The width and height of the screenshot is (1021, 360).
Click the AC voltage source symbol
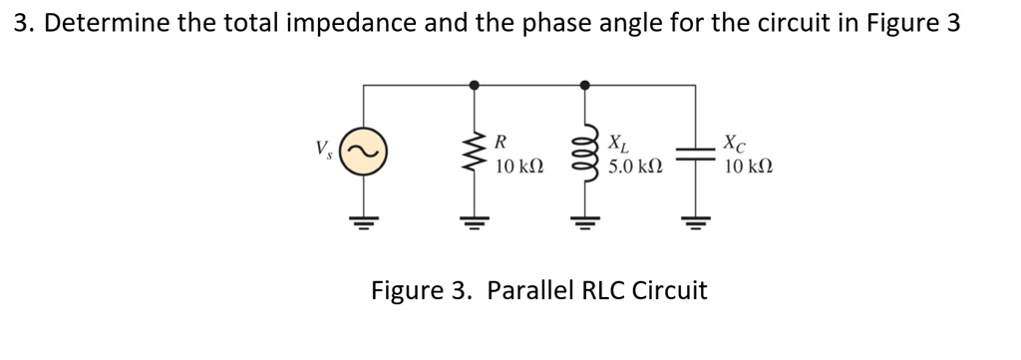tap(363, 154)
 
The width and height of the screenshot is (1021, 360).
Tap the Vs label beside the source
tap(323, 152)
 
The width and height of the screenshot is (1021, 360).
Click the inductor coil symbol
tap(584, 155)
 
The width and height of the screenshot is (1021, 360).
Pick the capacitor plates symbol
tap(695, 154)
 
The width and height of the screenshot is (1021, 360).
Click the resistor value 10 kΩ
tap(518, 167)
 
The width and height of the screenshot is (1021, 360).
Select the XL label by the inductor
tap(618, 141)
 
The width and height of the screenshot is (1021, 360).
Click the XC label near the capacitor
tap(734, 141)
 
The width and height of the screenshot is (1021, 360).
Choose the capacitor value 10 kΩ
tap(748, 167)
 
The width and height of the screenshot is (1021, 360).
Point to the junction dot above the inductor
tap(584, 86)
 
